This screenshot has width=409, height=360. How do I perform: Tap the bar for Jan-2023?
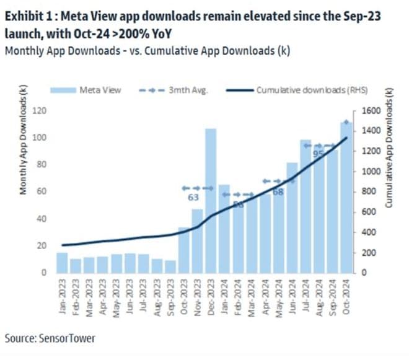coord(62,262)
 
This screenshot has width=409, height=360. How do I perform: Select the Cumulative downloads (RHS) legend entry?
coord(309,90)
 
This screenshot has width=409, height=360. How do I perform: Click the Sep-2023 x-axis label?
coord(170,296)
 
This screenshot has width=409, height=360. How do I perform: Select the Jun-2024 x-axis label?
coord(292,296)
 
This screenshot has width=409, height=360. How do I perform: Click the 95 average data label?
coord(319,154)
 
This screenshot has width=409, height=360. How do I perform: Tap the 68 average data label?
coord(278,192)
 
